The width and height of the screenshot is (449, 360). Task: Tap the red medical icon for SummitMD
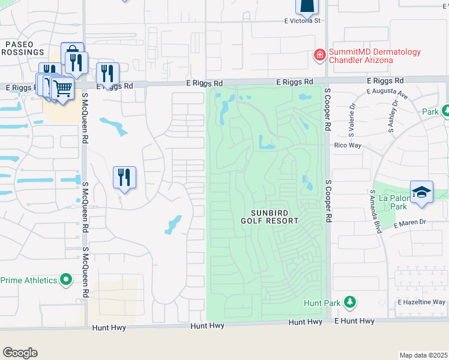point(320,56)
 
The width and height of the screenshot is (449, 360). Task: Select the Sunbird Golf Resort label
point(274,217)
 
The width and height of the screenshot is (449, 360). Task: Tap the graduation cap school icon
point(421,192)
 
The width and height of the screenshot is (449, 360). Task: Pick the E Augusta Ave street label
point(388,94)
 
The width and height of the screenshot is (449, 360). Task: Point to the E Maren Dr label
point(410,223)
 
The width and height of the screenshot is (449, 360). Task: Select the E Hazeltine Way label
point(421,302)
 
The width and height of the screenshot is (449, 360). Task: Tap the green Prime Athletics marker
point(66,280)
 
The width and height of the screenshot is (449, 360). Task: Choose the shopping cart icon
point(62,88)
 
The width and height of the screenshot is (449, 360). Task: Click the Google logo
point(20,352)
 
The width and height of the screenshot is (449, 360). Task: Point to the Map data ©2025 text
point(423,355)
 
